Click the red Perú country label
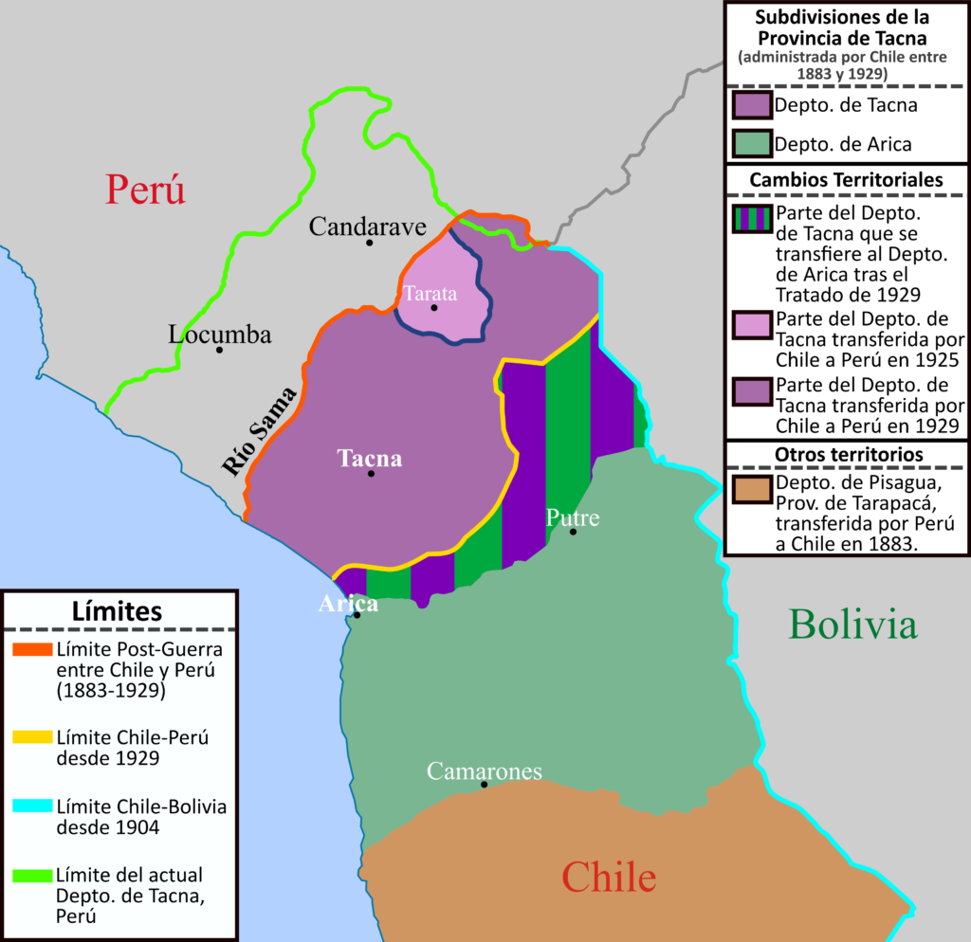tap(145, 189)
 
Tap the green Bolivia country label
tap(852, 625)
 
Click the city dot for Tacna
tap(371, 474)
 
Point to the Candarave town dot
tap(369, 243)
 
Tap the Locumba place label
tap(220, 335)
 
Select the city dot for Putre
tap(573, 532)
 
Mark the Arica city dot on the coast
tap(357, 615)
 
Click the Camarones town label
tap(484, 771)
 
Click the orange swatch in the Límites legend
tap(33, 650)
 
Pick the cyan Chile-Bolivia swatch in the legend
tap(33, 806)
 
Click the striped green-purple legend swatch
tap(752, 219)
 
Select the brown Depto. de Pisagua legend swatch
tap(752, 489)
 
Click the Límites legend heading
tap(117, 611)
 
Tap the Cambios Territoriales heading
tap(846, 179)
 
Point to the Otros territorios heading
tap(846, 455)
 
